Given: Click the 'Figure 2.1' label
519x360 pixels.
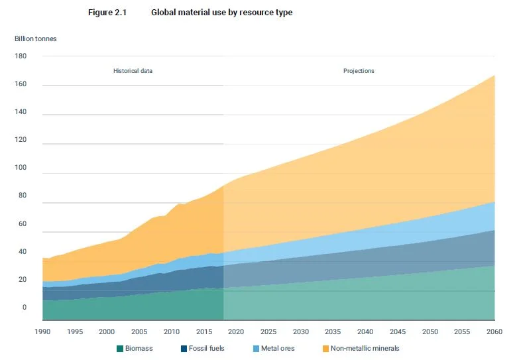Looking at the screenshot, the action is [x=107, y=13].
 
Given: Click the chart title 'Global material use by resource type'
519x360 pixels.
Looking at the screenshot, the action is [x=222, y=13].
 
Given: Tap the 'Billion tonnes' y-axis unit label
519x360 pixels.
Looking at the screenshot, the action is [x=35, y=38].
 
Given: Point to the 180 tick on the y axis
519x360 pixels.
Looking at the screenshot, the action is [x=21, y=56].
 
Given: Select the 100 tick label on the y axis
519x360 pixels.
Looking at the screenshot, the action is [x=21, y=168].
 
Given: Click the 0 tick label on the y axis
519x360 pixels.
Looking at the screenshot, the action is [x=24, y=308].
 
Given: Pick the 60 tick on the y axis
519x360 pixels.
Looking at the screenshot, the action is [x=23, y=224].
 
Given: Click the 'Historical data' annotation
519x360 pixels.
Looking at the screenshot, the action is [x=133, y=71].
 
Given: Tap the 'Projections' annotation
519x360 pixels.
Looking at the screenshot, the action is [x=359, y=71].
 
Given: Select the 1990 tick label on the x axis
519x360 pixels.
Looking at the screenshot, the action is [x=42, y=331].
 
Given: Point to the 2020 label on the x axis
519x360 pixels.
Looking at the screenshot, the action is [x=236, y=331].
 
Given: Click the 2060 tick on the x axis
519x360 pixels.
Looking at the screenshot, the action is [x=494, y=331].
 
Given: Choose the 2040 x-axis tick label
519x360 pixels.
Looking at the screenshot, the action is [x=365, y=331].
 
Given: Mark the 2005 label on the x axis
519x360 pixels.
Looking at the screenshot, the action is [x=139, y=331].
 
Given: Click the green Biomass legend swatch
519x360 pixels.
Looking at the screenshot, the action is [x=120, y=349].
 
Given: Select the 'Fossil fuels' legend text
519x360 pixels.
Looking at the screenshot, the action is [x=207, y=349].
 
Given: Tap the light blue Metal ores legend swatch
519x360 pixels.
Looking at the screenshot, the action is [x=256, y=349].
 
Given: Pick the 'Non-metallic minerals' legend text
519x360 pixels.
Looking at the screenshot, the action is [x=365, y=349].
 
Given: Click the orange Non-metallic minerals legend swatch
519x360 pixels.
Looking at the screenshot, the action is [x=325, y=349].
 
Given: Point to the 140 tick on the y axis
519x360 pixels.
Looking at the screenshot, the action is [x=21, y=111].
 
